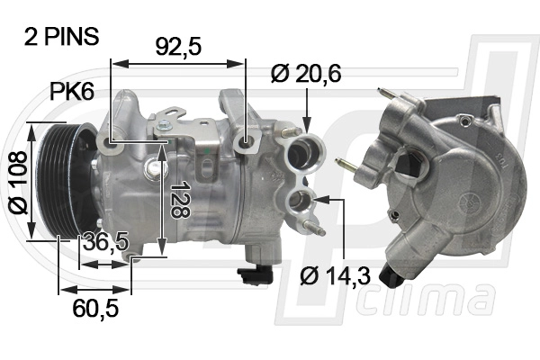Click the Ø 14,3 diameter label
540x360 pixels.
[334, 275]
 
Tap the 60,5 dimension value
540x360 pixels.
[94, 309]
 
